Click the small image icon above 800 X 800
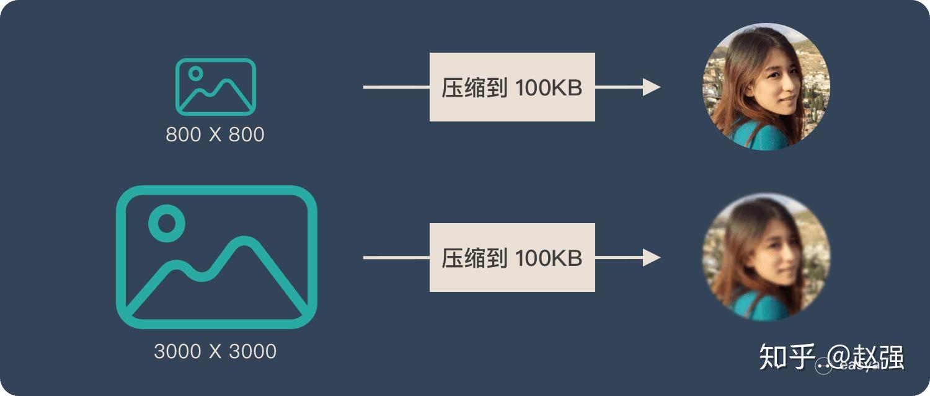point(215,87)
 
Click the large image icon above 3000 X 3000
point(216,257)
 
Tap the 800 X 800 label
point(215,134)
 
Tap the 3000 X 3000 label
point(215,351)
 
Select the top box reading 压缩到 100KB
point(512,87)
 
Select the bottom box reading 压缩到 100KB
point(512,257)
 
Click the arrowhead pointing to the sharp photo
point(651,87)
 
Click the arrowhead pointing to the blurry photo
point(651,257)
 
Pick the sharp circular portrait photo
point(766,87)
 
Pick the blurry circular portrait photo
point(766,257)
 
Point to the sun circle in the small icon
point(196,73)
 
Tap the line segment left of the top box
point(396,87)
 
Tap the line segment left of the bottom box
point(396,257)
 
